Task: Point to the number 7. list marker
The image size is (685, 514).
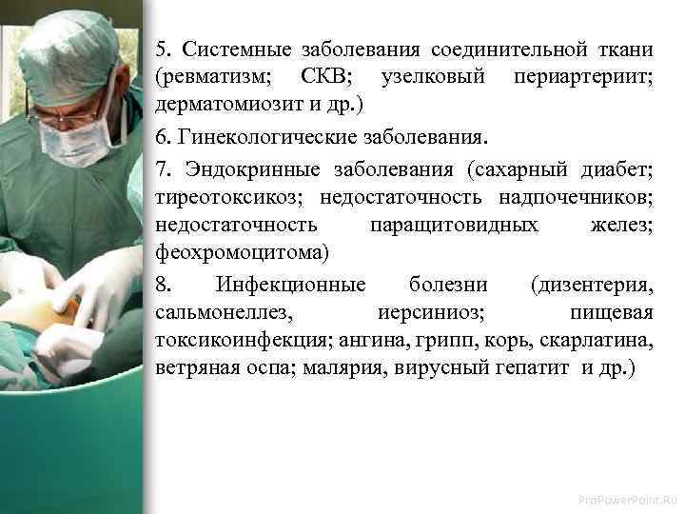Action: pyautogui.click(x=163, y=171)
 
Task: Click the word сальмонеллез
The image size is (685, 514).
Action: pyautogui.click(x=211, y=313)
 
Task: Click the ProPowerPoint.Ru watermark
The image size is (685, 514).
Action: pyautogui.click(x=629, y=499)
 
